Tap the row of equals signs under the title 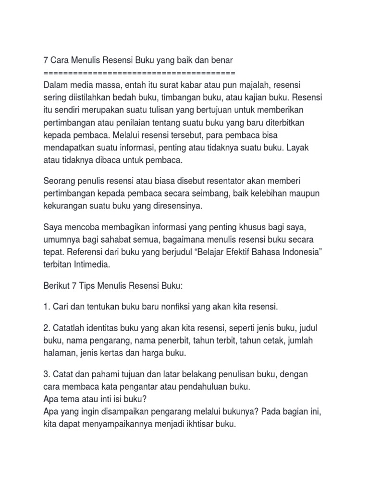coord(139,73)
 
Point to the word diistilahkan coord(90,98)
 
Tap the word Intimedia coord(92,264)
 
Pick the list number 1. coord(46,307)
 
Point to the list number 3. coord(47,374)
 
